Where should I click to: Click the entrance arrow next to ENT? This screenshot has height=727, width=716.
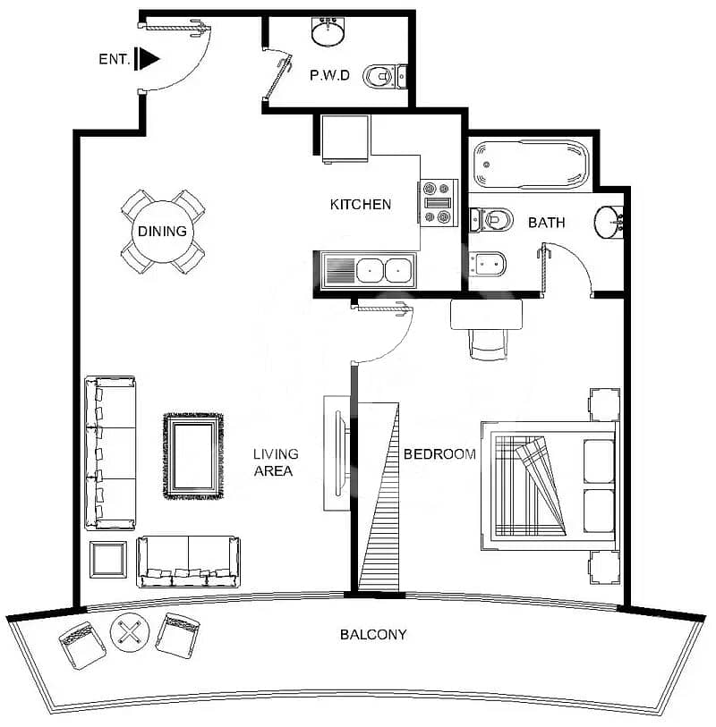click(147, 59)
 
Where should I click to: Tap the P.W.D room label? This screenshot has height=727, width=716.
click(329, 75)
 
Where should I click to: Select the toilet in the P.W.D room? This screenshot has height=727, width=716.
click(385, 77)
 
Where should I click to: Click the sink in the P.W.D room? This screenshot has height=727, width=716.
click(328, 31)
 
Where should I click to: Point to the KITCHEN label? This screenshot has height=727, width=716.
click(361, 205)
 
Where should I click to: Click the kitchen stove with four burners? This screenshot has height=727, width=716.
click(438, 203)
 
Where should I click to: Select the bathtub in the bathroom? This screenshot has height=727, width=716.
click(531, 165)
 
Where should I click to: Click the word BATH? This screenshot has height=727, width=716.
click(547, 223)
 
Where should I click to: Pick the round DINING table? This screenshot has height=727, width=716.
click(162, 232)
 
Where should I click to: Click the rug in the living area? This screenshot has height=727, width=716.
click(193, 456)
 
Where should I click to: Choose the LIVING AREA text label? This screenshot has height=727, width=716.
click(276, 462)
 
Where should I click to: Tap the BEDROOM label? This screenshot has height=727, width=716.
click(439, 454)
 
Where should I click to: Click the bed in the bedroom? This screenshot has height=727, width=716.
click(550, 486)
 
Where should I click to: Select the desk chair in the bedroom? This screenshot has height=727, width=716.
click(488, 344)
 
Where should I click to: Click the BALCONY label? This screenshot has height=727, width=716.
click(373, 634)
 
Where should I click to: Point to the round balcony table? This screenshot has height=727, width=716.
click(130, 632)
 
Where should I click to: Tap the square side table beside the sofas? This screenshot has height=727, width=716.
click(108, 560)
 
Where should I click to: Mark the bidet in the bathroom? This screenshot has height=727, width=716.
click(487, 264)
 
